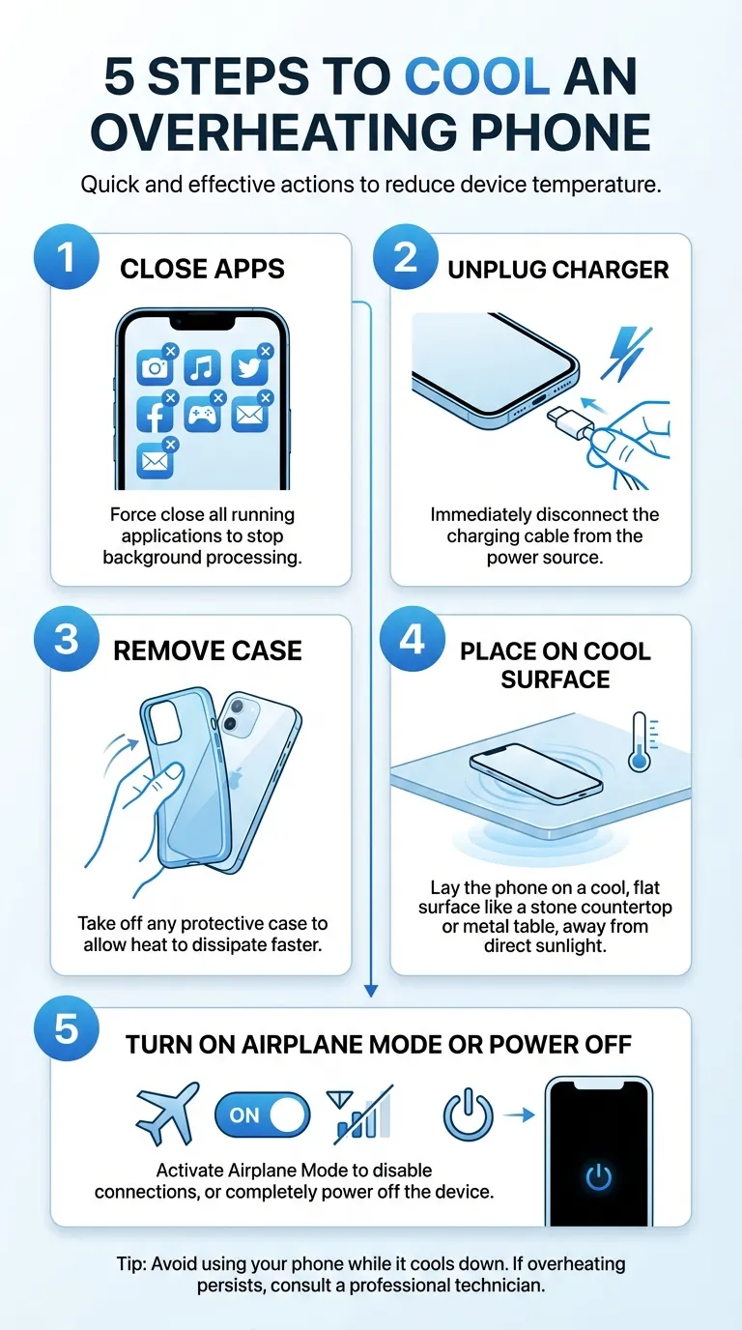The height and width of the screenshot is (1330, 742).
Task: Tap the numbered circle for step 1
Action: pos(66,259)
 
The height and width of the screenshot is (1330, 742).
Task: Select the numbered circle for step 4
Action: pos(413,640)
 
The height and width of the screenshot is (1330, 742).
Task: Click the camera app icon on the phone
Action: pos(155,367)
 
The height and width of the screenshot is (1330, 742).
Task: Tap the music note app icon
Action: pos(202,367)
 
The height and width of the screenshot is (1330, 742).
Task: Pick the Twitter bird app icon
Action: pos(249,367)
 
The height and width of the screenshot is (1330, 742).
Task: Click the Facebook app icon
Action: pos(155,415)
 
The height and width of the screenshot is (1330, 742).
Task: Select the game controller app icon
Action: pos(202,415)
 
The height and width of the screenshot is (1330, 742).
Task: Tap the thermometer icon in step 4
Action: pos(638,742)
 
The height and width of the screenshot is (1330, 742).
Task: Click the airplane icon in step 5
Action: pos(168,1113)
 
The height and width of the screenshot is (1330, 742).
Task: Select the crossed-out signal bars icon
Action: pos(361,1113)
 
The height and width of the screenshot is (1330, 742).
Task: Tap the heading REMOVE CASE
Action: pos(208,651)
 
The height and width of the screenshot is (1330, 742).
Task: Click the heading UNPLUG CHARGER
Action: pos(557,270)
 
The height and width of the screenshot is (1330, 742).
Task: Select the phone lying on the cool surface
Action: pos(534,770)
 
